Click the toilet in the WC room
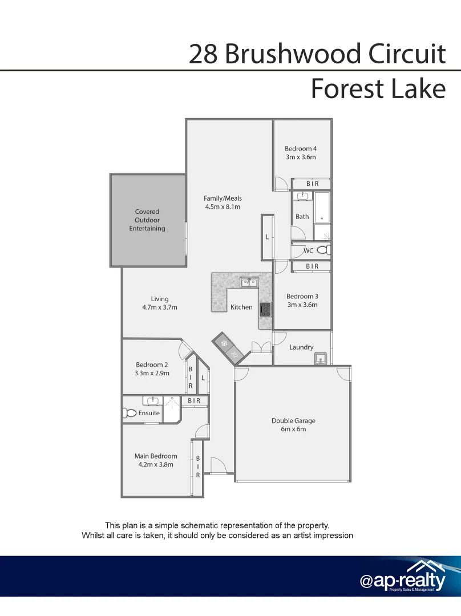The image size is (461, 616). pyautogui.click(x=322, y=250)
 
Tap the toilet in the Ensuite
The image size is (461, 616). pyautogui.click(x=130, y=413)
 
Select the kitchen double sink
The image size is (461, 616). pyautogui.click(x=249, y=282)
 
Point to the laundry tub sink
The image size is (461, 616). pyautogui.click(x=320, y=359)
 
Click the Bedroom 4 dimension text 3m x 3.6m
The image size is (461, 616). pyautogui.click(x=301, y=157)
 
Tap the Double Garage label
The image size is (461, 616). pyautogui.click(x=293, y=421)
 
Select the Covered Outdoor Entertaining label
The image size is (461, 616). pyautogui.click(x=147, y=220)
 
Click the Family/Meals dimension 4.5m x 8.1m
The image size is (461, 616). pyautogui.click(x=223, y=207)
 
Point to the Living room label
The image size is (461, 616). pyautogui.click(x=160, y=299)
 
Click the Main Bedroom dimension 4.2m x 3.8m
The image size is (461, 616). pyautogui.click(x=156, y=464)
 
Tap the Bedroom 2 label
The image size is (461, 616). pyautogui.click(x=152, y=365)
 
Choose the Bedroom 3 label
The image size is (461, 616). pyautogui.click(x=302, y=296)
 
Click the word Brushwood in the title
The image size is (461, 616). pyautogui.click(x=293, y=54)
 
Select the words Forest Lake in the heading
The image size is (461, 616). pyautogui.click(x=378, y=89)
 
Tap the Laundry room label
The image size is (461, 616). pyautogui.click(x=301, y=347)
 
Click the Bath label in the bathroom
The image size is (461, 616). pyautogui.click(x=302, y=217)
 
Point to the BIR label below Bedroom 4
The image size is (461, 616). pyautogui.click(x=312, y=184)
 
